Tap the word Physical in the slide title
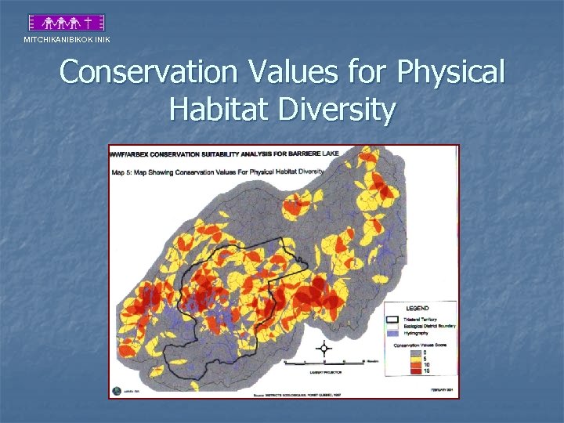pos(450,73)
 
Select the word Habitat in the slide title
pos(215,110)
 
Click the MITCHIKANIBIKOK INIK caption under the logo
pos(67,40)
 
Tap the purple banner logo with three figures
pos(67,23)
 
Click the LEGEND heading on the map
pos(417,308)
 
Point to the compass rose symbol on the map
pos(324,349)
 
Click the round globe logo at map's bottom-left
pos(117,390)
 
